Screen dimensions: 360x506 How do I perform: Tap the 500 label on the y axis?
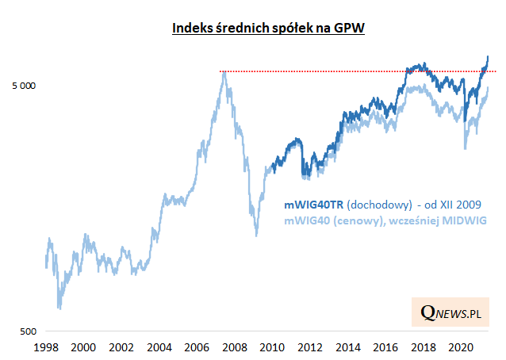tap(27, 331)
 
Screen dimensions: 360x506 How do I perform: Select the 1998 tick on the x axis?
tap(46, 347)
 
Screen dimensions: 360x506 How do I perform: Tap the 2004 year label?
tap(159, 347)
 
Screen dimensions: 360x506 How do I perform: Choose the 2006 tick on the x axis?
tap(196, 347)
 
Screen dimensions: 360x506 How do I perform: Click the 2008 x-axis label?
tap(234, 347)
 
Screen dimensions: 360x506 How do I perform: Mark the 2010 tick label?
tap(271, 347)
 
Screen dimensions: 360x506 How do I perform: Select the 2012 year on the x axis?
tap(309, 347)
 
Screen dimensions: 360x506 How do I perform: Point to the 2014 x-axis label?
tap(347, 347)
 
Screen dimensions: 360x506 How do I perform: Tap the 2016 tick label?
tap(385, 347)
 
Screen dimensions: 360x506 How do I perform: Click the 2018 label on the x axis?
tap(422, 347)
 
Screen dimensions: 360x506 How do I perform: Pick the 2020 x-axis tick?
tap(460, 347)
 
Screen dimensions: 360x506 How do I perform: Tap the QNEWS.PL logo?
tap(451, 313)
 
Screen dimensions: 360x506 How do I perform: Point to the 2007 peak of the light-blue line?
tap(225, 73)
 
